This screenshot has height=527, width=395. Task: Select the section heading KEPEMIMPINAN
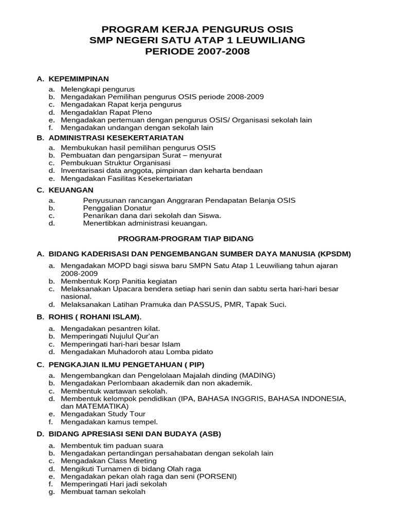tap(79, 79)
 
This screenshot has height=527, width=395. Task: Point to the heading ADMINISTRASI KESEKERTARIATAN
tap(116, 138)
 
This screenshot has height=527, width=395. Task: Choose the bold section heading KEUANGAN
tap(71, 190)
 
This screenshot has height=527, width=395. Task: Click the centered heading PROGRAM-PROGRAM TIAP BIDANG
tap(186, 239)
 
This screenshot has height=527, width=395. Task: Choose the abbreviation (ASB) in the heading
tap(209, 434)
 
